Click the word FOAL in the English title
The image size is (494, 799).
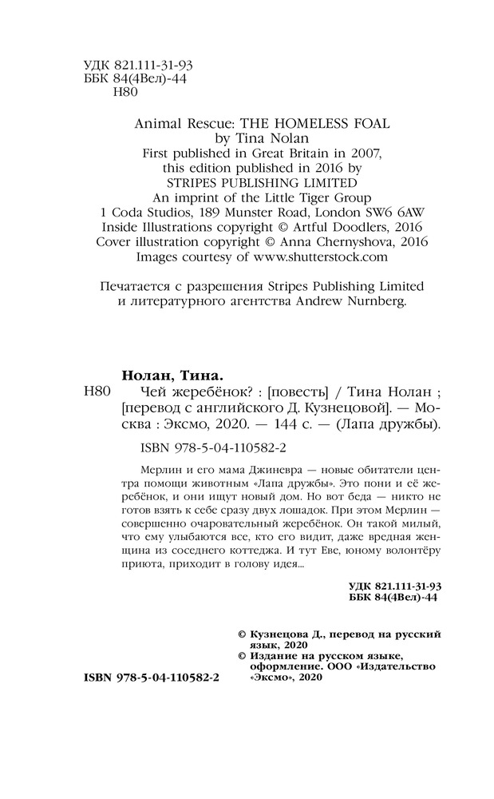(x=377, y=124)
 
